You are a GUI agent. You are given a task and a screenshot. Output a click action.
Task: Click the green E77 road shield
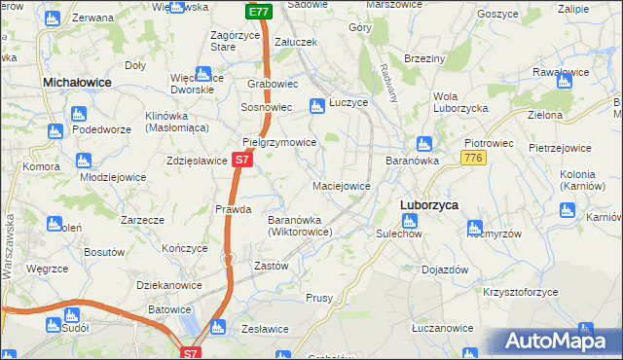point(258,12)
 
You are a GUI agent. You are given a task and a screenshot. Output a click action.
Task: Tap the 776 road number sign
point(474,158)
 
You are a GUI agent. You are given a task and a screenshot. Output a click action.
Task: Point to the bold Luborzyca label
point(429,204)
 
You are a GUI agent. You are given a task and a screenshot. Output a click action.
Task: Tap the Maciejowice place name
point(341,185)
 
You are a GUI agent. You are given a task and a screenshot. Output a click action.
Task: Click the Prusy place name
point(319,298)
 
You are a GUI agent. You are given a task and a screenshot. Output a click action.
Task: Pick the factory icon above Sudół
point(70,315)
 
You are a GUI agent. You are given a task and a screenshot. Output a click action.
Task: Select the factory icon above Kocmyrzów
point(476,229)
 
